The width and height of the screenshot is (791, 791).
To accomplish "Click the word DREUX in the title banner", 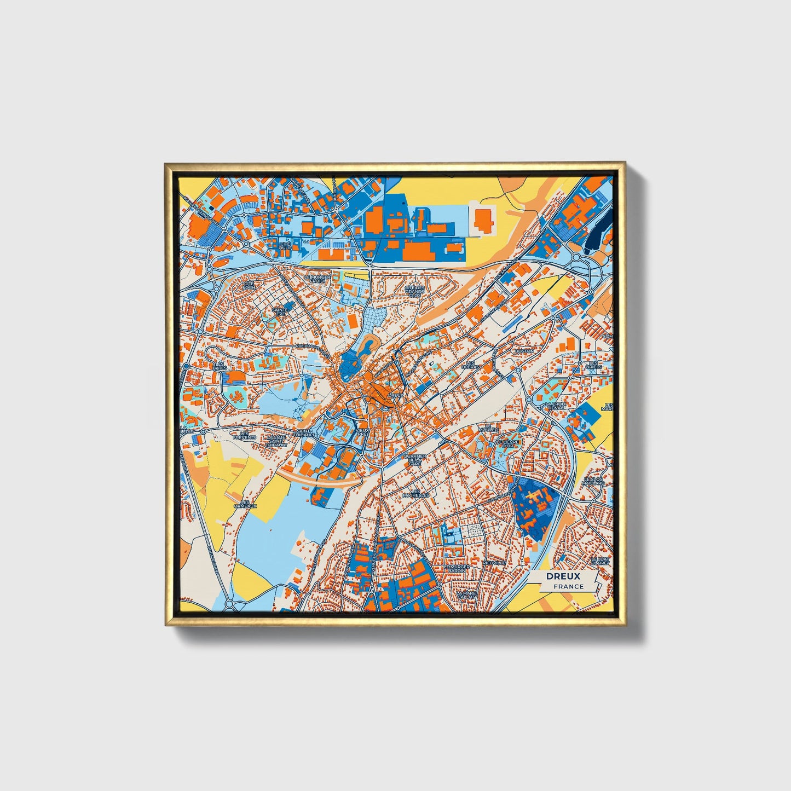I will [x=563, y=576].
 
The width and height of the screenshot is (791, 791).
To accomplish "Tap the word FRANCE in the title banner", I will [x=568, y=587].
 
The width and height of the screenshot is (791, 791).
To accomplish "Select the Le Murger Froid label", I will [x=317, y=279].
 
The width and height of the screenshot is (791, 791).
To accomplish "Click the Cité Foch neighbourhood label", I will [x=249, y=286].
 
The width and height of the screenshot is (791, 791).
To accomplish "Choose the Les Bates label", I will [x=220, y=366].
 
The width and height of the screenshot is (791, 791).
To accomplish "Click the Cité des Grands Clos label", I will [x=414, y=291].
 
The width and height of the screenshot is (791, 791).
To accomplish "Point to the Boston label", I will [x=523, y=351].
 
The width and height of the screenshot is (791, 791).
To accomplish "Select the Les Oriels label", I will [x=593, y=365].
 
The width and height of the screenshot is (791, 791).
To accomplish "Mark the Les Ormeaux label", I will [x=245, y=504].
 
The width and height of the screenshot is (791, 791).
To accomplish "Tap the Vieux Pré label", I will [x=362, y=432].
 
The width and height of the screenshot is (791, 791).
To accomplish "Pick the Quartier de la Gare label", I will [x=414, y=460].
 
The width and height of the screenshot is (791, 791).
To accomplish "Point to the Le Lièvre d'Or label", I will [x=505, y=443].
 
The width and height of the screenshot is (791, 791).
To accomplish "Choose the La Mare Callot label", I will [x=466, y=594].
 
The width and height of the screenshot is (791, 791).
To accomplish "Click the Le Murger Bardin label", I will [x=457, y=568].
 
